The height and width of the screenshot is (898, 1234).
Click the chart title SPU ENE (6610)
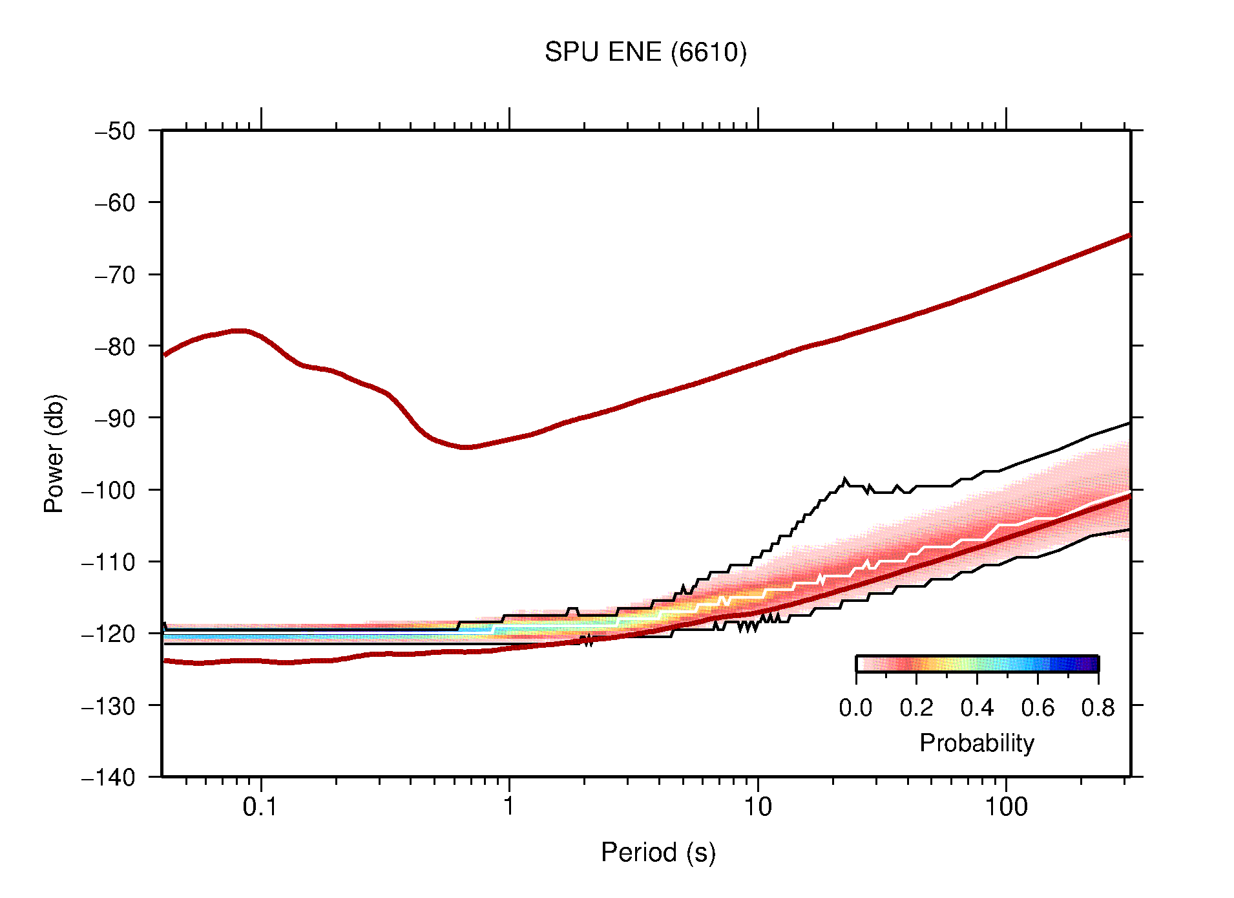pyautogui.click(x=645, y=52)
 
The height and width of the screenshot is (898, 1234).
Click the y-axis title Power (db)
pyautogui.click(x=55, y=453)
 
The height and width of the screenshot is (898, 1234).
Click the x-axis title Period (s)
pyautogui.click(x=658, y=853)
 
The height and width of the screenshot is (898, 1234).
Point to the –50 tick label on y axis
pyautogui.click(x=116, y=131)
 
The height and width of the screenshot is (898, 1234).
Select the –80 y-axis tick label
pyautogui.click(x=116, y=347)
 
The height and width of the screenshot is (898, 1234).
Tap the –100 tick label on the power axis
pyautogui.click(x=109, y=490)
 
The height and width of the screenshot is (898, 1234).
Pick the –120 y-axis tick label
pyautogui.click(x=109, y=634)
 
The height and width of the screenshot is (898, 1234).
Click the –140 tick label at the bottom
pyautogui.click(x=109, y=777)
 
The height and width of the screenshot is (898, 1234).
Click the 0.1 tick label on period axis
pyautogui.click(x=260, y=807)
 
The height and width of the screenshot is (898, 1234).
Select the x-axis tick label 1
pyautogui.click(x=509, y=807)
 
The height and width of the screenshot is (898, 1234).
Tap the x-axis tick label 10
pyautogui.click(x=757, y=807)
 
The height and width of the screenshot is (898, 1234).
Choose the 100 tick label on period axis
pyautogui.click(x=1005, y=807)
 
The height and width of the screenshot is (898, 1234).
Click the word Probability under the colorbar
pyautogui.click(x=976, y=743)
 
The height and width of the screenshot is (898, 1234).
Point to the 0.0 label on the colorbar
pyautogui.click(x=855, y=709)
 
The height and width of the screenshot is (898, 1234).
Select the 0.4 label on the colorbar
pyautogui.click(x=977, y=709)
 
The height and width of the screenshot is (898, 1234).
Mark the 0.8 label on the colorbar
pyautogui.click(x=1098, y=709)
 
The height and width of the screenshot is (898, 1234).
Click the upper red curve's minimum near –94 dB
pyautogui.click(x=466, y=447)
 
